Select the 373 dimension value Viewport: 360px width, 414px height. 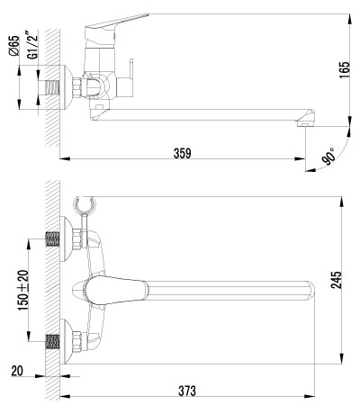coord(187,391)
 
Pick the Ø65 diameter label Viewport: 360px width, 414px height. coord(15,45)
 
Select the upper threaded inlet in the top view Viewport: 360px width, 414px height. coord(54,240)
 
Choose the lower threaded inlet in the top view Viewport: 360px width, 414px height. coord(54,343)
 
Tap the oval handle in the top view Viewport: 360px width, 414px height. coord(112,291)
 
